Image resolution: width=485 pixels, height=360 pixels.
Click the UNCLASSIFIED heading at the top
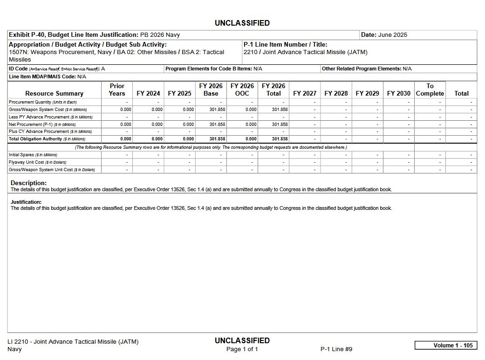tap(242, 23)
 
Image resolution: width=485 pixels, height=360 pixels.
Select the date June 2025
tap(393, 35)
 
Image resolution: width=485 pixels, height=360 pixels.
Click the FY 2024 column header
tap(148, 93)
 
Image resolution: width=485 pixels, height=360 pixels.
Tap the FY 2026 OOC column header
tap(242, 90)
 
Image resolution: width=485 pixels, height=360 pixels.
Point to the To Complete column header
tap(430, 90)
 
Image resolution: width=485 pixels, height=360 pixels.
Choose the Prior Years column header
tap(117, 90)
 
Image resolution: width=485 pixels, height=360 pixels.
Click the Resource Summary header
tap(54, 93)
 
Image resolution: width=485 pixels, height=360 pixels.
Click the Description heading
tap(28, 183)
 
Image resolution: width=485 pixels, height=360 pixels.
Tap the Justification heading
tap(26, 202)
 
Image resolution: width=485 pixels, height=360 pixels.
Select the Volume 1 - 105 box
tap(445, 346)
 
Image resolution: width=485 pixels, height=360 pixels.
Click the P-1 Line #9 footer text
tap(336, 349)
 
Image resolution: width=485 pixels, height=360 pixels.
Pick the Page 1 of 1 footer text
tap(242, 349)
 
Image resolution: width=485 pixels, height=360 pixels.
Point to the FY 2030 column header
tap(398, 93)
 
